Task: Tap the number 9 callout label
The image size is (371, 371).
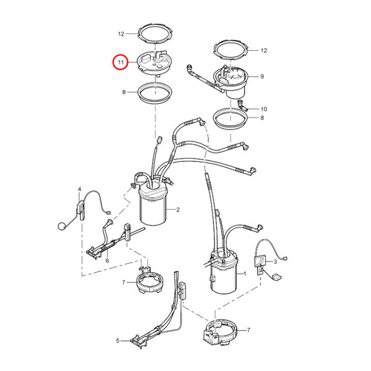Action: [262, 77]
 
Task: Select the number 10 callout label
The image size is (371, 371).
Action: [263, 108]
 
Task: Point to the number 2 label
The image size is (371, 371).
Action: [178, 210]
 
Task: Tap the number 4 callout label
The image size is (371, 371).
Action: [79, 189]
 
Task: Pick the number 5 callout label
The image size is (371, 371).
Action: [117, 340]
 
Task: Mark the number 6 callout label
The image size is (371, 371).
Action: [107, 261]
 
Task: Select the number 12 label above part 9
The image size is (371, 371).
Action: [263, 50]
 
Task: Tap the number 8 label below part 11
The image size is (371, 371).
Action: [124, 92]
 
